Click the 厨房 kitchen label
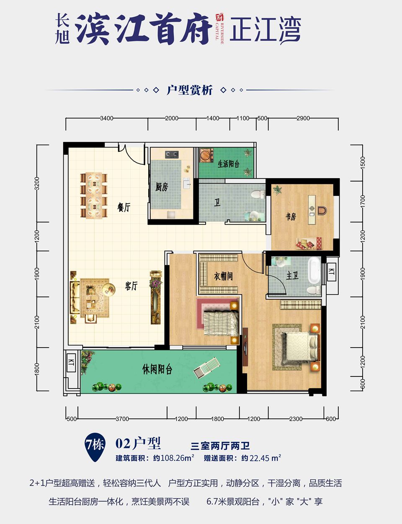click(x=161, y=187)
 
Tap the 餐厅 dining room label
click(x=124, y=207)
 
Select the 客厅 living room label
click(x=131, y=286)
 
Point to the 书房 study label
click(x=291, y=216)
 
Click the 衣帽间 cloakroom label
click(x=223, y=276)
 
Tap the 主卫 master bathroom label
click(x=292, y=275)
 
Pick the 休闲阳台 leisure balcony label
click(x=157, y=369)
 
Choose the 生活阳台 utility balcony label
click(x=228, y=164)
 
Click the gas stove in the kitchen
click(x=171, y=155)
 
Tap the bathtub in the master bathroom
click(x=314, y=270)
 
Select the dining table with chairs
click(x=94, y=195)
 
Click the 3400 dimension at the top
click(x=106, y=118)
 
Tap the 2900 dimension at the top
click(x=303, y=118)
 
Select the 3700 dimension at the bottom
click(x=122, y=419)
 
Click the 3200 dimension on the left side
click(x=37, y=183)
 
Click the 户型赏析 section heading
click(x=190, y=90)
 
